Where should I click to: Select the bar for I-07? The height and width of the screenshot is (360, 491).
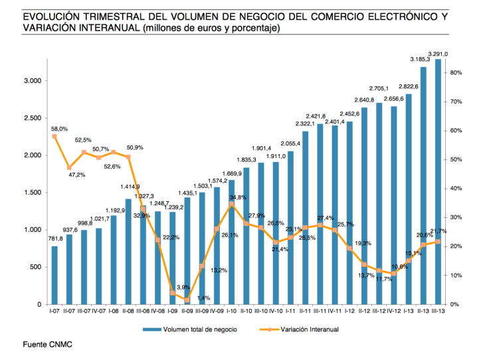[54, 275]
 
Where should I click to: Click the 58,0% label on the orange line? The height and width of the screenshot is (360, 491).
[58, 129]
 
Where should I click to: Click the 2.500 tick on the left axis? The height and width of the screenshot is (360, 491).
[33, 118]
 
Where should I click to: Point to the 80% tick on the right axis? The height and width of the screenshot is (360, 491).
[457, 72]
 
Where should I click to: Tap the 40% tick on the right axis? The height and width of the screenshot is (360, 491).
[457, 189]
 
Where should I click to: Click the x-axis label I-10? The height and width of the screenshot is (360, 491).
[231, 311]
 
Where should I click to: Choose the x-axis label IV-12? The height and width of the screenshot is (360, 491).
[393, 311]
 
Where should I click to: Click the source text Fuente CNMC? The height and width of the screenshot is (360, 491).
[47, 344]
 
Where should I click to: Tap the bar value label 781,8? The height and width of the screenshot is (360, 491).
[54, 239]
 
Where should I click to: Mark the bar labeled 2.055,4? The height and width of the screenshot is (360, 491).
[290, 227]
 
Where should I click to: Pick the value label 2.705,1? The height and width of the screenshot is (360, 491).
[379, 88]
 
